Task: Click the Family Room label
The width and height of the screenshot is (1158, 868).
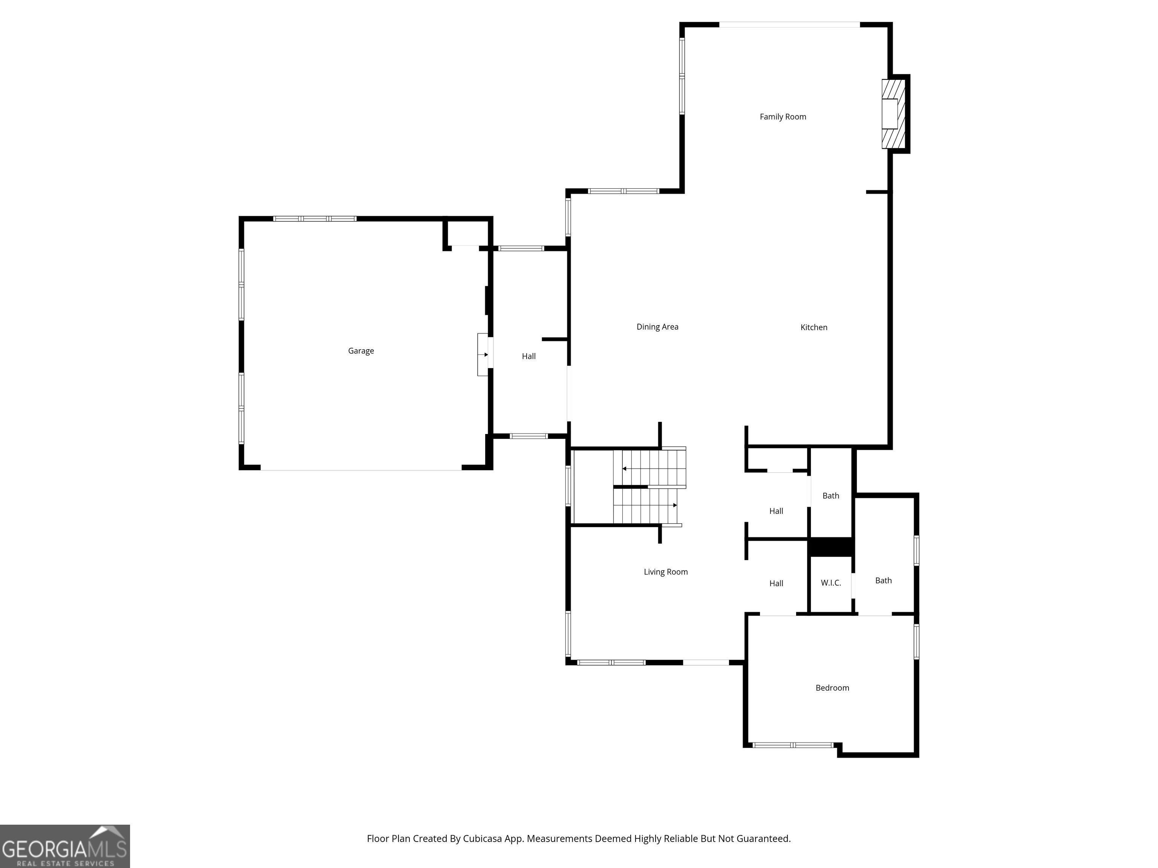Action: click(783, 117)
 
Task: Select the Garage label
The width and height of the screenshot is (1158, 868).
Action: click(361, 350)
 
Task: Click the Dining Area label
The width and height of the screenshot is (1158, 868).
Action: click(657, 327)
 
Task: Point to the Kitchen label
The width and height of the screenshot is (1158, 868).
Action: click(813, 327)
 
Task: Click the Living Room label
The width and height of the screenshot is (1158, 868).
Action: click(665, 572)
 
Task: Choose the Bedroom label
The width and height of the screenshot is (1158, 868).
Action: click(832, 688)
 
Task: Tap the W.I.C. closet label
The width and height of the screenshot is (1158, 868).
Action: click(831, 583)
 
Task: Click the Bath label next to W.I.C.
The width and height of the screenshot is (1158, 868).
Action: click(883, 580)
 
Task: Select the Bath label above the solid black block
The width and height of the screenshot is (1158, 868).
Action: click(830, 495)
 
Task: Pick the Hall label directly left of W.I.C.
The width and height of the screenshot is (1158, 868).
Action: click(776, 583)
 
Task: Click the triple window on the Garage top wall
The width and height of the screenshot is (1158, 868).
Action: click(315, 219)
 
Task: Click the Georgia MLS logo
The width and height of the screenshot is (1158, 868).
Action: click(64, 846)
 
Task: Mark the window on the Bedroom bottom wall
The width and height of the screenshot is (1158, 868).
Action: click(793, 744)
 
